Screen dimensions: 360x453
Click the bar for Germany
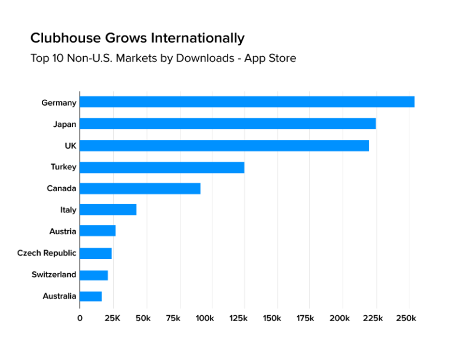pyautogui.click(x=247, y=102)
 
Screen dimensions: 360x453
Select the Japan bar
pyautogui.click(x=228, y=124)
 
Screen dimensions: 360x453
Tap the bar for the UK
pyautogui.click(x=224, y=145)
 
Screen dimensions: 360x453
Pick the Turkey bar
pyautogui.click(x=162, y=167)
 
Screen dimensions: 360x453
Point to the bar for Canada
pyautogui.click(x=140, y=188)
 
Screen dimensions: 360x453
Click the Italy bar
pyautogui.click(x=108, y=210)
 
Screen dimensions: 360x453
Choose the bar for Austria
pyautogui.click(x=97, y=231)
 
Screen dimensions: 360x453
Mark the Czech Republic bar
pyautogui.click(x=96, y=253)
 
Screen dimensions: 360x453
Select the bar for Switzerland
pyautogui.click(x=94, y=275)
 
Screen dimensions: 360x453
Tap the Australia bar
pyautogui.click(x=91, y=296)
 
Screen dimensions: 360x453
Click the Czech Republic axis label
pyautogui.click(x=47, y=253)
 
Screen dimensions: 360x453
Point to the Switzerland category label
pyautogui.click(x=54, y=275)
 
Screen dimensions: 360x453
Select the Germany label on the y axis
pyautogui.click(x=59, y=103)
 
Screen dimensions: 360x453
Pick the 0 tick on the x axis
pyautogui.click(x=80, y=319)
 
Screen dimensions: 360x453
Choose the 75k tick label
pyautogui.click(x=173, y=319)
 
